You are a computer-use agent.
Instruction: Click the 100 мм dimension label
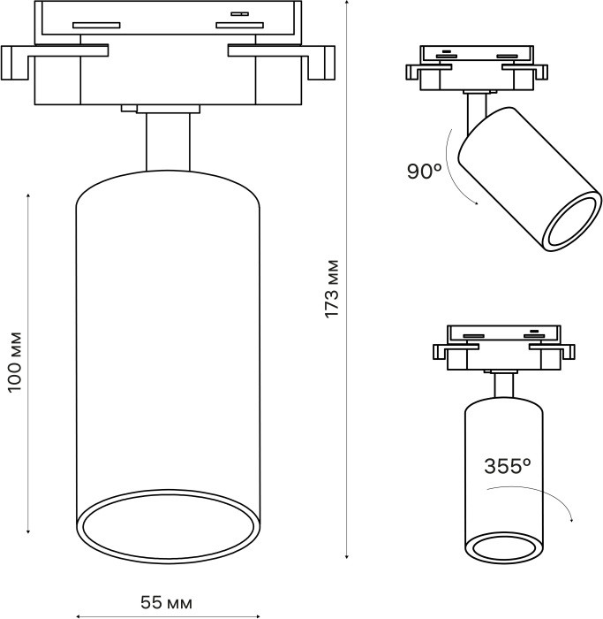click(14, 363)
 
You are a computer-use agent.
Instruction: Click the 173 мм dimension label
click(331, 289)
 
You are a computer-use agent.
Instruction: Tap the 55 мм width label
click(166, 602)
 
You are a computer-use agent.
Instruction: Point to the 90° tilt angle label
click(425, 172)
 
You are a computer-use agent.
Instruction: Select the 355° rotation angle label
click(507, 466)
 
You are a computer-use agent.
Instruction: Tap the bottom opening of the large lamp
click(168, 531)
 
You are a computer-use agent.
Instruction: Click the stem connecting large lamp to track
click(167, 141)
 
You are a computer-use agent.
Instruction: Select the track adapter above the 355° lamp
click(503, 347)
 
